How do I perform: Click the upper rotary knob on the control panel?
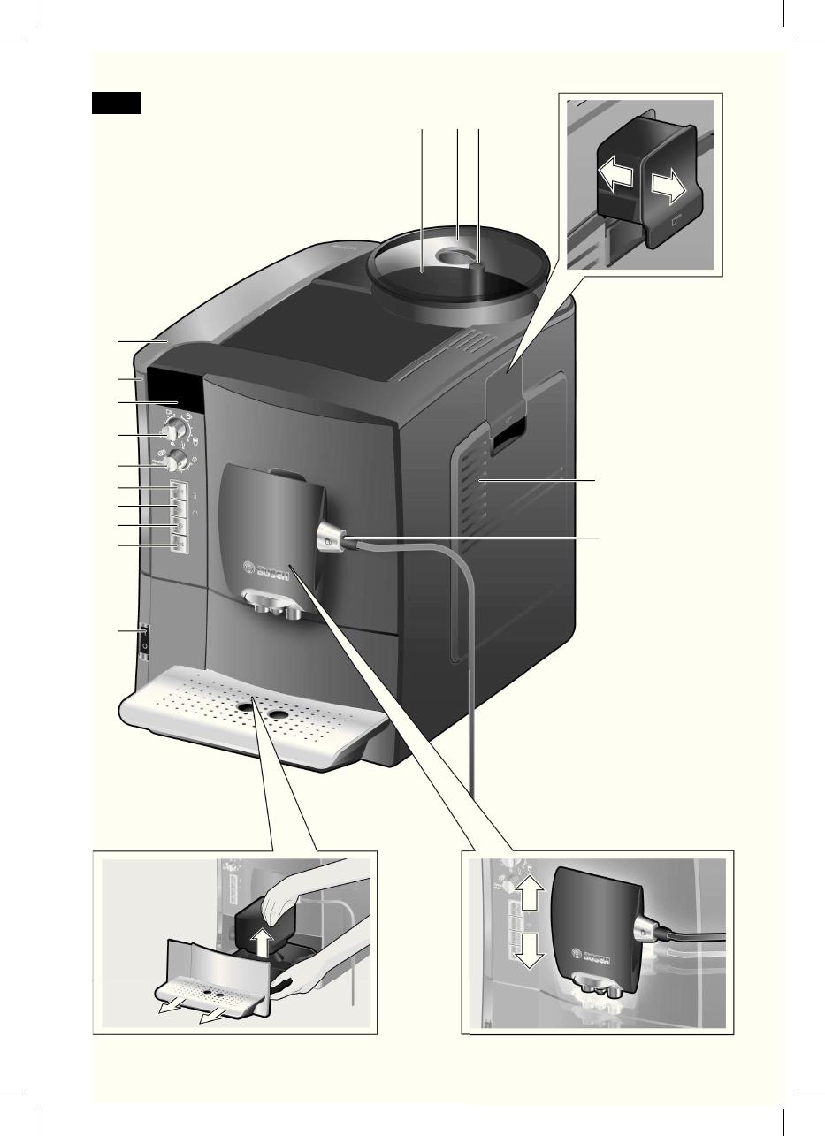tap(174, 431)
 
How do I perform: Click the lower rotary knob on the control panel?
tap(177, 460)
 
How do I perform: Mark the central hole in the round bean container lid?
tap(455, 258)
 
